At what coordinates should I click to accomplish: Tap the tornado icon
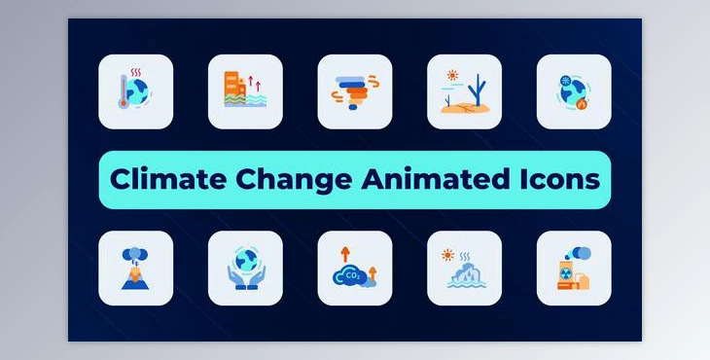click(354, 92)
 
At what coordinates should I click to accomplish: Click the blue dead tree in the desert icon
click(476, 91)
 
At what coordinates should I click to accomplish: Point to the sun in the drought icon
click(451, 75)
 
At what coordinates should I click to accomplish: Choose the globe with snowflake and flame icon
click(574, 91)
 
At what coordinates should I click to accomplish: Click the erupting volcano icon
click(135, 268)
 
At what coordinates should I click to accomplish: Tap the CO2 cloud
click(350, 276)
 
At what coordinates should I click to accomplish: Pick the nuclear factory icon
click(574, 269)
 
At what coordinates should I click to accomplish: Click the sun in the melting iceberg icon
click(447, 255)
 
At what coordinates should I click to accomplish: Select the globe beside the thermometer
click(141, 95)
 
